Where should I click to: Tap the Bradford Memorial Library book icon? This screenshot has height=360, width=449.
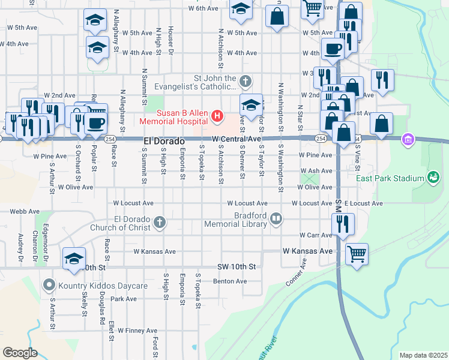276,218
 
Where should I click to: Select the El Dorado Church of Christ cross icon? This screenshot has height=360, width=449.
159,223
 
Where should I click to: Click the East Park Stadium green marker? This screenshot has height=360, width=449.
432,177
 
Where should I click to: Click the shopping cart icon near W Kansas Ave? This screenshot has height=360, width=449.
357,254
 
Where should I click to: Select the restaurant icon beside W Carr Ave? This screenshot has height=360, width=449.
342,223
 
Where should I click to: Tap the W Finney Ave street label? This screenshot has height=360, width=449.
137,331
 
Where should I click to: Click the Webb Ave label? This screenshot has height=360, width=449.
25,211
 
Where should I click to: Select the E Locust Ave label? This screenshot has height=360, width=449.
363,204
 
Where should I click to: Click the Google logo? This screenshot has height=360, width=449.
20,353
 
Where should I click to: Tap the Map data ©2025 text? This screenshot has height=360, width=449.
423,355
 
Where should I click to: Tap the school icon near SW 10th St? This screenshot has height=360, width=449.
74,258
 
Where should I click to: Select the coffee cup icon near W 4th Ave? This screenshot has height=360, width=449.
332,49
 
